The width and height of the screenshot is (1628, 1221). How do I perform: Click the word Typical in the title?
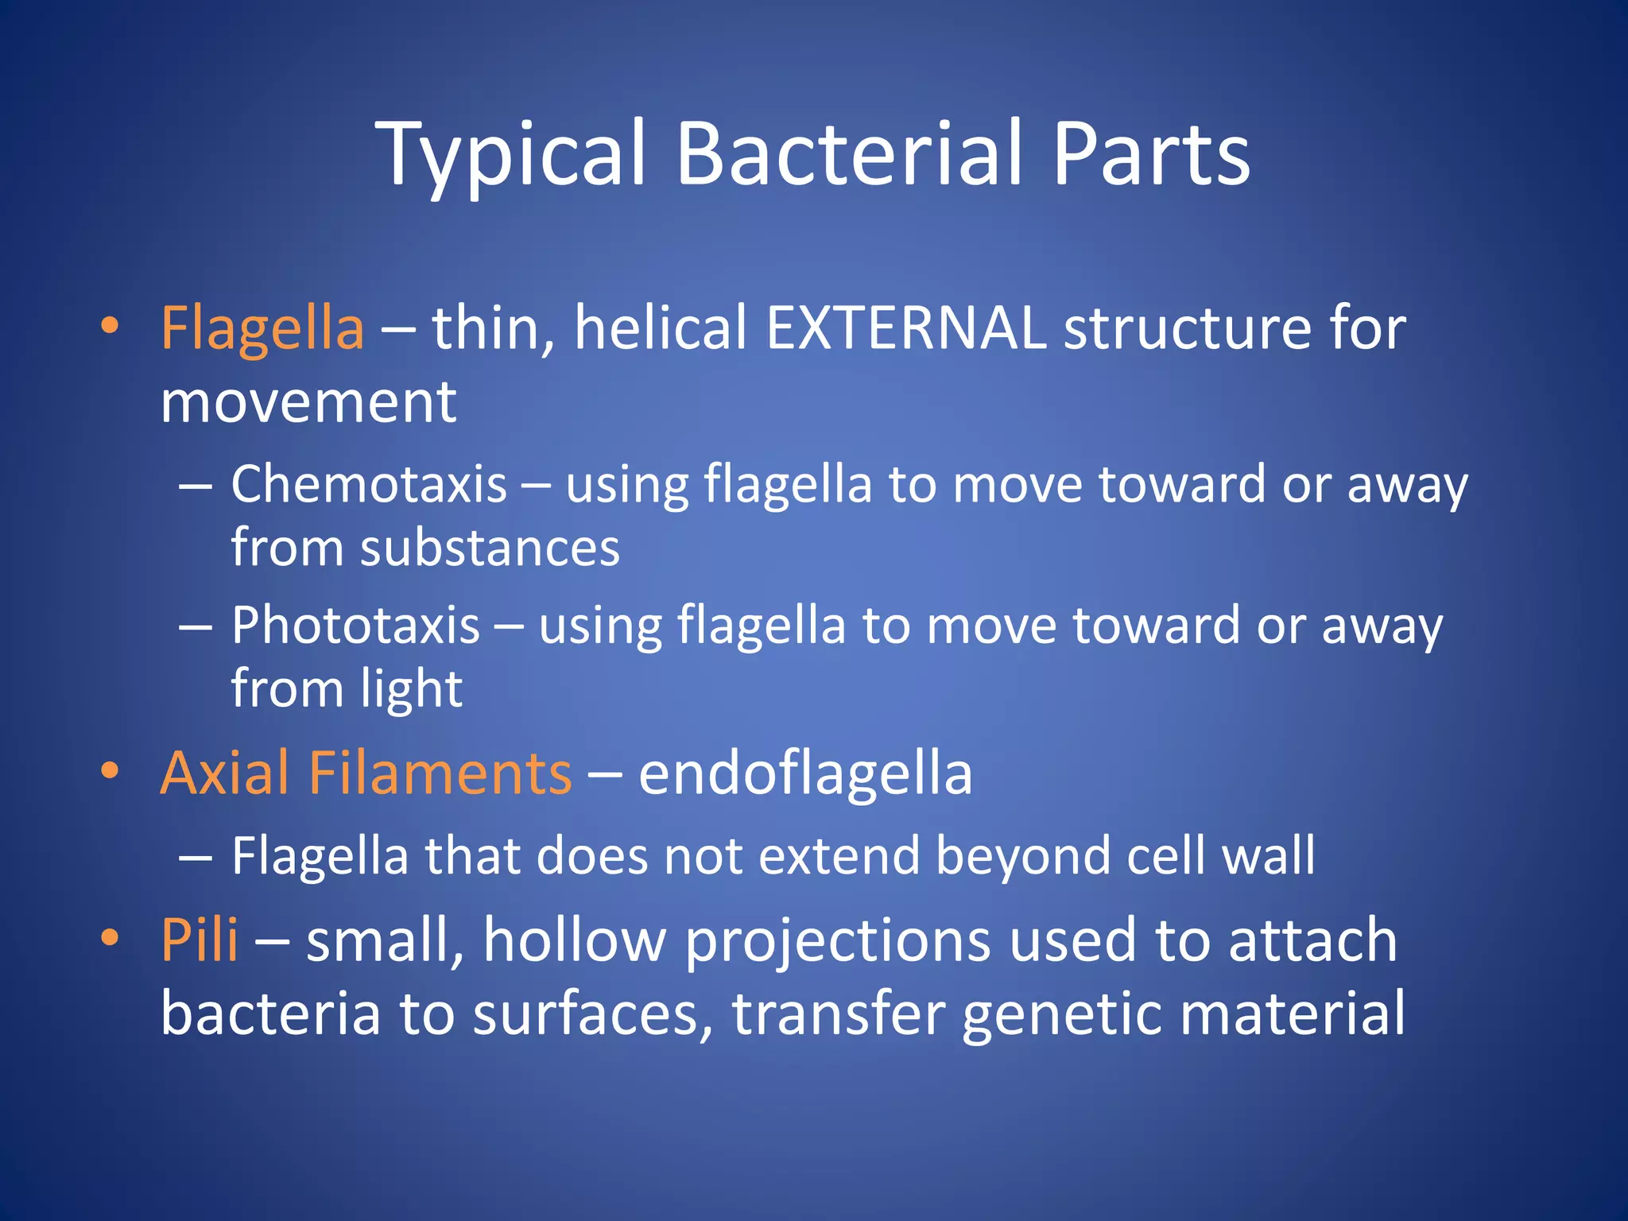click(x=510, y=155)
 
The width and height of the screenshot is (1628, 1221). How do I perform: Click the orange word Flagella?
click(x=262, y=328)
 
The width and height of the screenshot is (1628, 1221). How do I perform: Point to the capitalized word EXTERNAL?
click(x=905, y=328)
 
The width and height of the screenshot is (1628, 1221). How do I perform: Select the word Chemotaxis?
click(x=369, y=484)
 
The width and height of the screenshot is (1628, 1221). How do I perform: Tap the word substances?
click(x=490, y=548)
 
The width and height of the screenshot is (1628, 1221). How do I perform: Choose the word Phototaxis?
click(x=356, y=625)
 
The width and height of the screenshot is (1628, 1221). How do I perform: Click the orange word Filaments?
click(x=440, y=773)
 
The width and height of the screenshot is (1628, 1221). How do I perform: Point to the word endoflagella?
click(x=805, y=774)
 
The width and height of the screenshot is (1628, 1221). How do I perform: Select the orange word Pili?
click(x=199, y=940)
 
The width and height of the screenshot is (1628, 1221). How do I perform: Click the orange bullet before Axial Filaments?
click(x=110, y=770)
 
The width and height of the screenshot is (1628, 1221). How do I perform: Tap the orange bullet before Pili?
click(x=110, y=937)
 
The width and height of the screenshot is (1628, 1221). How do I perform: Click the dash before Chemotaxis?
click(x=196, y=486)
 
